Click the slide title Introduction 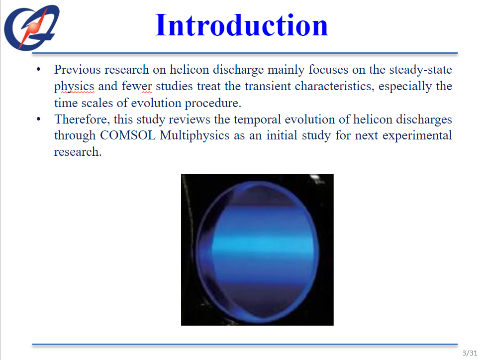tap(242, 25)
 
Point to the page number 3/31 tap(470, 353)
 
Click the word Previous tap(78, 70)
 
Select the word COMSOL tap(127, 135)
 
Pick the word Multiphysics tap(194, 136)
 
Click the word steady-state tap(420, 70)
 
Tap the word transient tap(268, 86)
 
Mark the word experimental tap(417, 136)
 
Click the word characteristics tap(334, 86)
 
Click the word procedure tap(213, 103)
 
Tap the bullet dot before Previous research tap(38, 70)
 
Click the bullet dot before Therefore tap(38, 119)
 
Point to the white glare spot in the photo tap(315, 177)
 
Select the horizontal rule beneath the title tap(245, 53)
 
